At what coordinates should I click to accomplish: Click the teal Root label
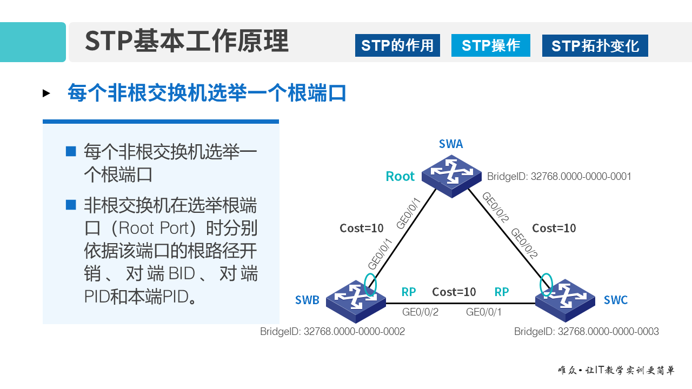point(400,176)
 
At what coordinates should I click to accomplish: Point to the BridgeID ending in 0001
point(559,176)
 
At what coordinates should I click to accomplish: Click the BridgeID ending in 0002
point(332,331)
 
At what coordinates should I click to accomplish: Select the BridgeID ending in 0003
point(586,331)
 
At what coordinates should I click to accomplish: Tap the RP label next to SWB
point(409,292)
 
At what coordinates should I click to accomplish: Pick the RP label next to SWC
point(502,292)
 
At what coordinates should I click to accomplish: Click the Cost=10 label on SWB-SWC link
point(454,292)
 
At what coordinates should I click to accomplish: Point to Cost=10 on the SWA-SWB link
point(362,228)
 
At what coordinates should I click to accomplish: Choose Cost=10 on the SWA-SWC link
point(554,228)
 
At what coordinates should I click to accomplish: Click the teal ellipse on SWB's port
point(370,285)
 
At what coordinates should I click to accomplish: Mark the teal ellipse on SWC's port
point(547,285)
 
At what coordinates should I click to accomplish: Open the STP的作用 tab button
point(397,45)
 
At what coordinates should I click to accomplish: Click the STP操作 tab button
point(491,45)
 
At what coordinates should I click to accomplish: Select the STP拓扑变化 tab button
point(595,45)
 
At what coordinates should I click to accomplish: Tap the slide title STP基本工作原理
point(187,41)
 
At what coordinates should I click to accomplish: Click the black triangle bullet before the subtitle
point(46,93)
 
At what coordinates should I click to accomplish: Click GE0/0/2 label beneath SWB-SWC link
point(420,312)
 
